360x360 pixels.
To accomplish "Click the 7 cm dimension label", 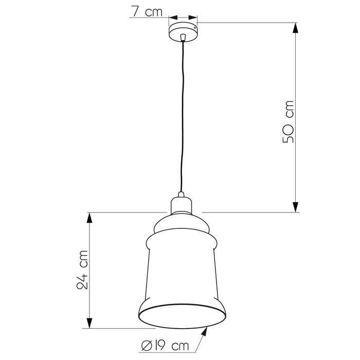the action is coord(147,11).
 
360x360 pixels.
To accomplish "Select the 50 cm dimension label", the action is coord(288,122).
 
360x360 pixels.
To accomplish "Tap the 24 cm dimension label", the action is coord(82,270).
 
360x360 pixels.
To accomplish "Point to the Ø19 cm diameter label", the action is coord(165,346).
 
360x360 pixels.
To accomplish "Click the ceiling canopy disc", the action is coord(183,32).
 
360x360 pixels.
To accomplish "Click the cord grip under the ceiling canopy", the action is coord(183,38).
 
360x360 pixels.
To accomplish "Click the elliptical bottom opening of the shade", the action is coord(182,316).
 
